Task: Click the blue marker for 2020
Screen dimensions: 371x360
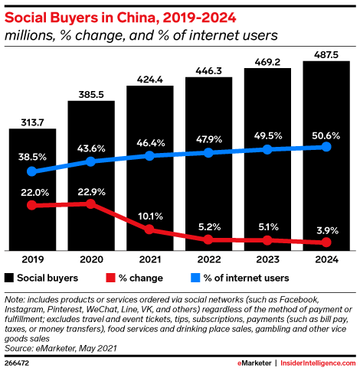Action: click(91, 161)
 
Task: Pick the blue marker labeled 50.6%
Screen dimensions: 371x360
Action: click(327, 146)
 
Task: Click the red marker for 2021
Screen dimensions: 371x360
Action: click(150, 229)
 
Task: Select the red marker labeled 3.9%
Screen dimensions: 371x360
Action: click(327, 242)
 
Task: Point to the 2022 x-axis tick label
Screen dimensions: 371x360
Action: click(209, 259)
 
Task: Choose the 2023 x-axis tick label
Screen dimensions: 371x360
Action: click(268, 259)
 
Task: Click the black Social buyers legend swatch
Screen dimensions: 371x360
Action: click(10, 278)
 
